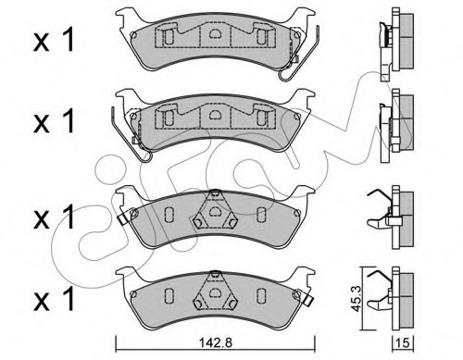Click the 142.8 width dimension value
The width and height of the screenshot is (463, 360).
click(215, 342)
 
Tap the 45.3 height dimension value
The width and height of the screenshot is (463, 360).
click(357, 298)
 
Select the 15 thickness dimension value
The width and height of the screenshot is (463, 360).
click(403, 342)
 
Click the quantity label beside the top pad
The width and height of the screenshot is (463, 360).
click(54, 39)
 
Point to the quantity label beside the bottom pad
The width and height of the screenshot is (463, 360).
click(54, 299)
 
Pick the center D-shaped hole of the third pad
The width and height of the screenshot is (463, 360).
click(214, 211)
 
